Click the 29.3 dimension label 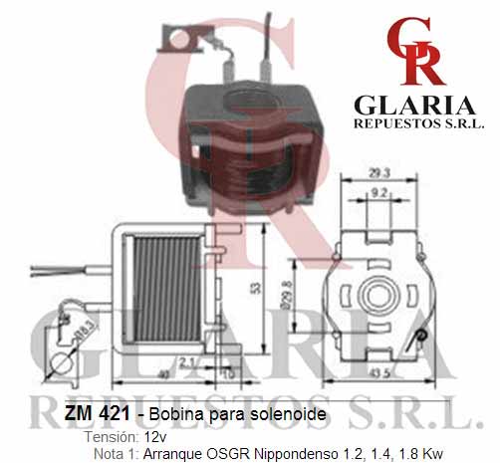(379, 173)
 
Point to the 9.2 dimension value (378, 192)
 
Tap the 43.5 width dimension (379, 373)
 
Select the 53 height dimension (256, 288)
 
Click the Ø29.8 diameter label (287, 296)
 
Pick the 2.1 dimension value (187, 362)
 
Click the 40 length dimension (163, 374)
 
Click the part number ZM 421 (97, 413)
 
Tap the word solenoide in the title (288, 414)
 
